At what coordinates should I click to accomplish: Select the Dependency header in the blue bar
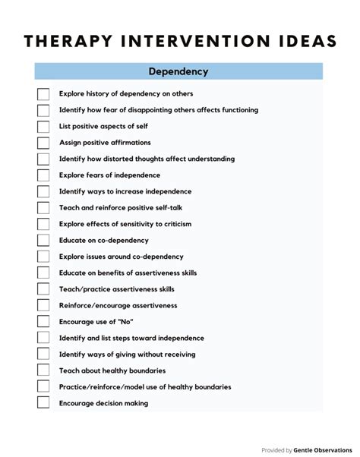click(179, 72)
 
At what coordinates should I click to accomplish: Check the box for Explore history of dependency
click(43, 93)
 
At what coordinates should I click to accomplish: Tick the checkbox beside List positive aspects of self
click(43, 126)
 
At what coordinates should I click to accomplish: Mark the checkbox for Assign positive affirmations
click(43, 143)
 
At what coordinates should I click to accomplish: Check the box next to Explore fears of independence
click(43, 175)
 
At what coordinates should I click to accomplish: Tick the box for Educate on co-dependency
click(43, 241)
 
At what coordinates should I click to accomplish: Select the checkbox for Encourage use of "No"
click(43, 322)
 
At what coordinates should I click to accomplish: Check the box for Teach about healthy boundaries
click(43, 371)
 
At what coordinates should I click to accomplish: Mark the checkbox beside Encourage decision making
click(43, 404)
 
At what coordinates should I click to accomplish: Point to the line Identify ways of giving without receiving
click(127, 355)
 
